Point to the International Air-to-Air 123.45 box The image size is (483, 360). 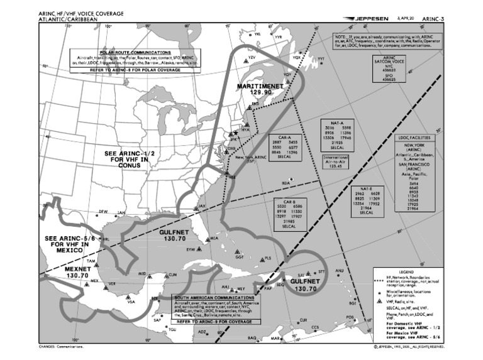tap(335, 161)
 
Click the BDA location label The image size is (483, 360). tap(286, 183)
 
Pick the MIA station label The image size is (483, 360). tap(214, 239)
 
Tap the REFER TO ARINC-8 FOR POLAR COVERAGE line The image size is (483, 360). tap(143, 70)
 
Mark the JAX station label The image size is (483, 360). tap(201, 206)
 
